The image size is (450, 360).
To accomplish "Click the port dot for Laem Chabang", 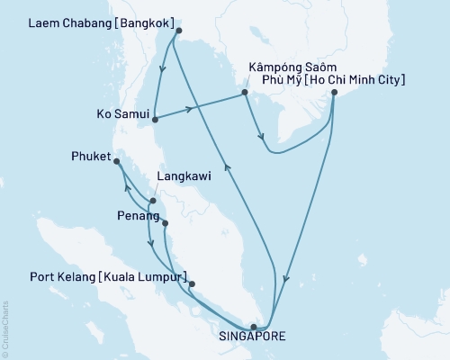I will [x=178, y=31].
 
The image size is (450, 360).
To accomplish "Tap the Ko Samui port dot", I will [x=156, y=118].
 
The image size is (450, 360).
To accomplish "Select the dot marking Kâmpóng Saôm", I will [x=244, y=92].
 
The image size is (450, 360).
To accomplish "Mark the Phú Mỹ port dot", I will [x=334, y=92].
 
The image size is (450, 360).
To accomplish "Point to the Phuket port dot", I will [x=116, y=161].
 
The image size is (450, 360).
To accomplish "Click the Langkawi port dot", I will [x=140, y=202].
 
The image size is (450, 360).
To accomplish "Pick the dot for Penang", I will [x=164, y=221].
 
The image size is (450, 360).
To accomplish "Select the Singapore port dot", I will [x=254, y=327].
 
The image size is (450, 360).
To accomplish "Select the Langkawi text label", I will [x=184, y=177].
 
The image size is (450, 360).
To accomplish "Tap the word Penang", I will [x=131, y=218].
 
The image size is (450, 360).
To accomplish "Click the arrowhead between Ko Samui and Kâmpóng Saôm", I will [x=189, y=110].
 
